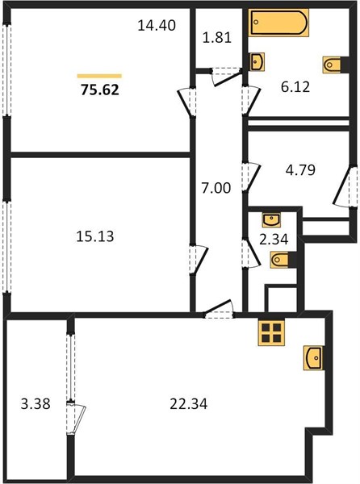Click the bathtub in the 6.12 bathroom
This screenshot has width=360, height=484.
pos(278,23)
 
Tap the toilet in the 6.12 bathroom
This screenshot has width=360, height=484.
pos(332,65)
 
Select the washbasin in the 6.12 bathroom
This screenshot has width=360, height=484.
pos(257,62)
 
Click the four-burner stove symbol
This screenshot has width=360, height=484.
pos(271,332)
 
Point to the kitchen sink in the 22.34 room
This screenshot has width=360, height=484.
pos(313,358)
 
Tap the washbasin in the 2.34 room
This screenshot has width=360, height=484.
pos(271,219)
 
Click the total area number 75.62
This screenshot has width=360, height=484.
pos(100,90)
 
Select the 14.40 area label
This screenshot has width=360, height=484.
pos(157,25)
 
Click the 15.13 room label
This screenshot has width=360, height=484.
pos(94,236)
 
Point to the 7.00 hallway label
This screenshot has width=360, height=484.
pos(216,188)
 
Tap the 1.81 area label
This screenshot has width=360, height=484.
pos(217,38)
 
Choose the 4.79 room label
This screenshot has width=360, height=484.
pos(300,169)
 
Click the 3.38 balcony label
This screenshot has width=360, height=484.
pos(36,404)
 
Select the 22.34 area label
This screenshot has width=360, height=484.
pos(189,404)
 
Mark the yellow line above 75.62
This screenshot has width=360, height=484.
pos(99,76)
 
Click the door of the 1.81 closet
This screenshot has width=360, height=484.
pos(226,77)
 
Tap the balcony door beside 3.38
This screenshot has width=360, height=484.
pos(76,419)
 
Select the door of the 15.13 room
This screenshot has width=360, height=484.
pos(199,260)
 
